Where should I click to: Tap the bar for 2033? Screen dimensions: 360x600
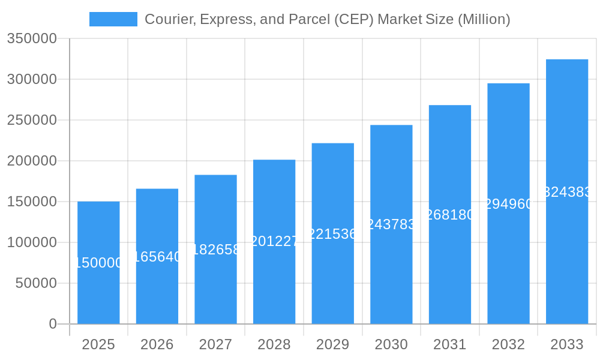coord(567,191)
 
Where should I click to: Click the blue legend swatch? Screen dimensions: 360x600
coord(113,19)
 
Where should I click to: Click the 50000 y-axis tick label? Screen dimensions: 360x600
coord(35,283)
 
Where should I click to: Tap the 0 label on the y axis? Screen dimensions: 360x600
coord(52,324)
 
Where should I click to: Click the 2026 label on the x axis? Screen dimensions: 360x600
coord(157,344)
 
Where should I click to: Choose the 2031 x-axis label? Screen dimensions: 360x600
coord(450,344)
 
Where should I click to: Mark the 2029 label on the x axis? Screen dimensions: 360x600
coord(332,344)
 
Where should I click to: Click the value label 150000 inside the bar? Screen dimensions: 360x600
coord(98,263)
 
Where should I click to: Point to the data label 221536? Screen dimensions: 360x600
coord(332,234)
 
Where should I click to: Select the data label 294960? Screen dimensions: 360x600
coord(508,204)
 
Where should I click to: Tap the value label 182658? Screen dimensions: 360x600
coord(215,250)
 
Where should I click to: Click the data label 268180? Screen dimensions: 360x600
coord(450,215)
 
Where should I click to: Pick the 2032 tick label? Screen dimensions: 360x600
coord(508,344)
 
